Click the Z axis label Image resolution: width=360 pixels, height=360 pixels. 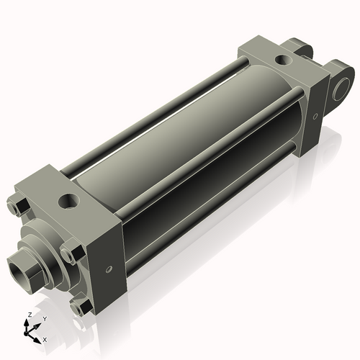(28, 315)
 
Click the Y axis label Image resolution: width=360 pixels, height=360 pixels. (44, 318)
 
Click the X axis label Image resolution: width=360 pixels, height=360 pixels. (45, 338)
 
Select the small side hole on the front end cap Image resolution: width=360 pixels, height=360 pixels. (109, 269)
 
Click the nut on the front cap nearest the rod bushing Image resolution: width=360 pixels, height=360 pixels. (68, 254)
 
